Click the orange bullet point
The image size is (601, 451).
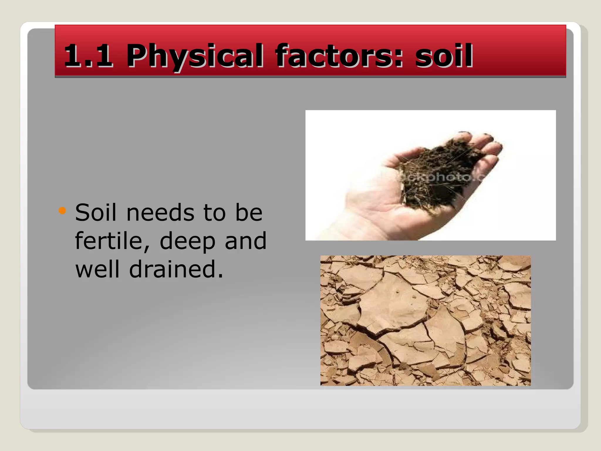tap(62, 211)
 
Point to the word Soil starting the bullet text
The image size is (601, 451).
tap(96, 212)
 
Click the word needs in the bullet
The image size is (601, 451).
tap(160, 213)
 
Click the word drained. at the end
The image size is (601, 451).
tap(176, 269)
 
